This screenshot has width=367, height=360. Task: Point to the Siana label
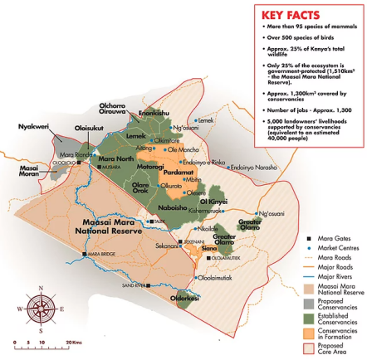210,248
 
